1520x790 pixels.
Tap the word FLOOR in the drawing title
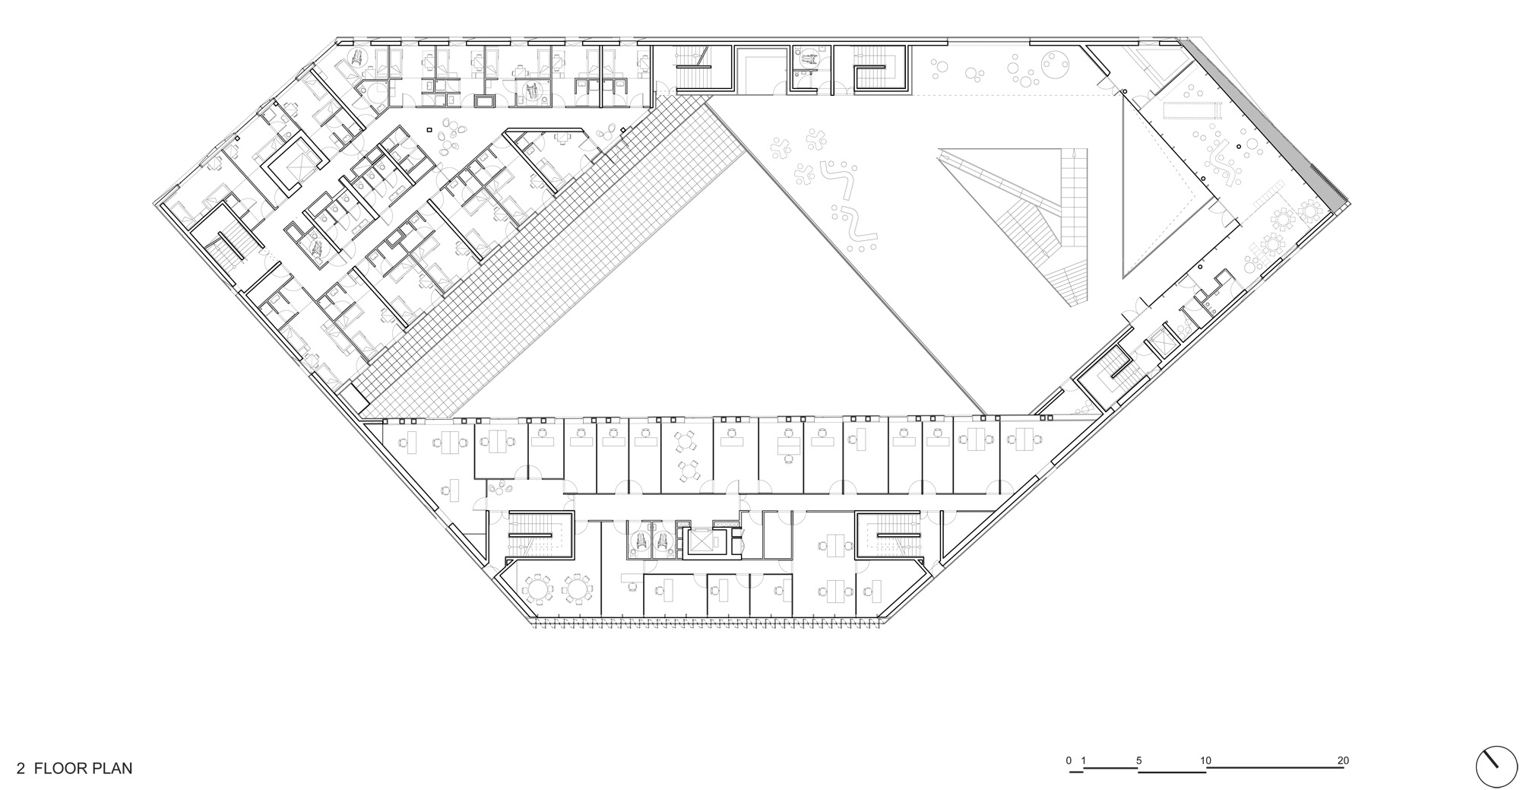[x=59, y=768]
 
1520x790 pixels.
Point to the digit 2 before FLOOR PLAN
[x=21, y=769]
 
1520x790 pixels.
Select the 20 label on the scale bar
[x=1343, y=760]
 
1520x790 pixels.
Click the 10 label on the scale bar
[x=1205, y=760]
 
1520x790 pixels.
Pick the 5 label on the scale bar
[x=1138, y=760]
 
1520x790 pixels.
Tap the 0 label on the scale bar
[x=1069, y=760]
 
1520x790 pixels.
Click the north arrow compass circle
[x=1495, y=767]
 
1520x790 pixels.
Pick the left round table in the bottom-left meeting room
[x=538, y=588]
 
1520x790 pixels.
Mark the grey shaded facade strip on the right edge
[x=1268, y=122]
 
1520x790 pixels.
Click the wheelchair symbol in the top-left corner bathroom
[x=356, y=57]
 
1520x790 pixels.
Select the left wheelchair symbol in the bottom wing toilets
[x=641, y=541]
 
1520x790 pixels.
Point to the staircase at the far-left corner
[x=221, y=252]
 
